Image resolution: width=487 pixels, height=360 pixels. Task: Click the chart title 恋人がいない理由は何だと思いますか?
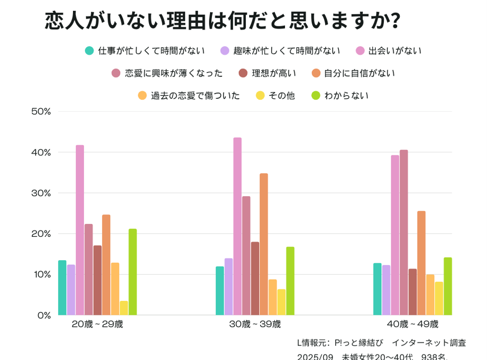(222, 21)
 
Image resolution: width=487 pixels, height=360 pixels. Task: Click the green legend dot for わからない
(316, 95)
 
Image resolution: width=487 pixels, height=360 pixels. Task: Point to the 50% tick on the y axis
(41, 111)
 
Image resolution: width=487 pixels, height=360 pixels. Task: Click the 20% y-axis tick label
(41, 233)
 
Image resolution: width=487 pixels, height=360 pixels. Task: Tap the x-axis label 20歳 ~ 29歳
(97, 325)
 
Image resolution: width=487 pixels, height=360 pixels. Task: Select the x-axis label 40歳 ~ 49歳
(413, 325)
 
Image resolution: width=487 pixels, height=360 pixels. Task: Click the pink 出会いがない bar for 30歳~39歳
(237, 226)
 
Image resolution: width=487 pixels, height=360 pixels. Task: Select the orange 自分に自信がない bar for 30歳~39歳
(264, 244)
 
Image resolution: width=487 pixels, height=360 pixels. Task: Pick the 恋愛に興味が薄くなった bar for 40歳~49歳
(404, 232)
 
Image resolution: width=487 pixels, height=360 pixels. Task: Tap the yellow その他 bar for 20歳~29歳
(124, 308)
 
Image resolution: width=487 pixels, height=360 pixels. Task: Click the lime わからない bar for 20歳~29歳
(133, 272)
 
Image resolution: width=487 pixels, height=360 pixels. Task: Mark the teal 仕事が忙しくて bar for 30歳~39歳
(220, 290)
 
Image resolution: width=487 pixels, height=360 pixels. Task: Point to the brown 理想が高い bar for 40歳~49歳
(413, 291)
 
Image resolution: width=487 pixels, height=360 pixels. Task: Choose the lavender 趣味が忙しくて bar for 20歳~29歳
(71, 289)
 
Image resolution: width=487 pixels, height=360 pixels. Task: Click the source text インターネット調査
(429, 343)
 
